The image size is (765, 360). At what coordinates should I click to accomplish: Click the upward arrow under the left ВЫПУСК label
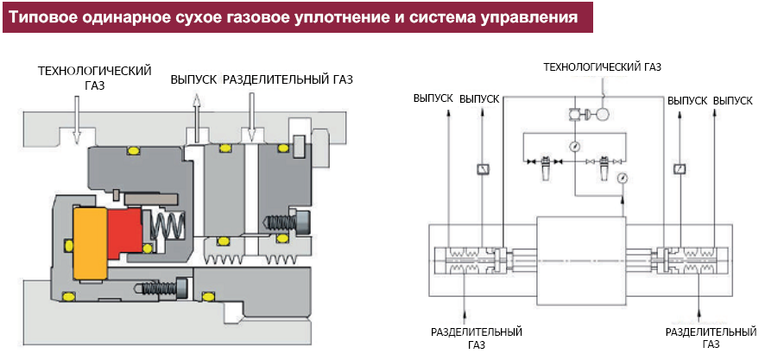tap(196, 117)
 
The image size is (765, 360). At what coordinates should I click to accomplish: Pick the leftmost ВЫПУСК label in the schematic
tap(433, 100)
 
